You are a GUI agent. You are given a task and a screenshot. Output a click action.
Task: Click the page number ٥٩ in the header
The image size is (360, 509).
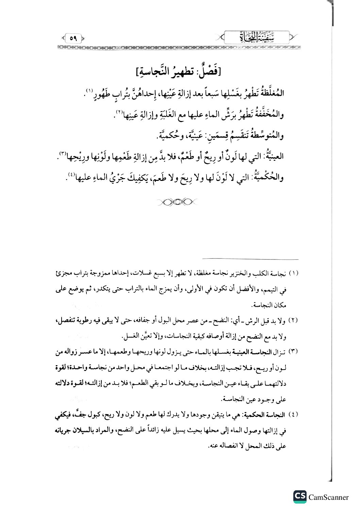click(x=73, y=38)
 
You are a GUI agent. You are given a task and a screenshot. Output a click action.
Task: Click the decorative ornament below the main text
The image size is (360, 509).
click(x=178, y=202)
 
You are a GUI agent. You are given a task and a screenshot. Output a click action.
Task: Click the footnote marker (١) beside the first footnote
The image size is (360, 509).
click(x=293, y=274)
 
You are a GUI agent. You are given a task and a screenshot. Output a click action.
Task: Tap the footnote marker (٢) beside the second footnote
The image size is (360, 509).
click(x=293, y=321)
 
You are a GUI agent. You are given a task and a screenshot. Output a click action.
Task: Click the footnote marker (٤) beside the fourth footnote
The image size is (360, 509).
click(x=293, y=415)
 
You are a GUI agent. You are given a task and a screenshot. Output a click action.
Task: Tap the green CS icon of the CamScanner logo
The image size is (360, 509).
click(x=299, y=496)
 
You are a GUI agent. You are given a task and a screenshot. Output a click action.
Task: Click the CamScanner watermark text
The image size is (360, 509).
click(x=329, y=497)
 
